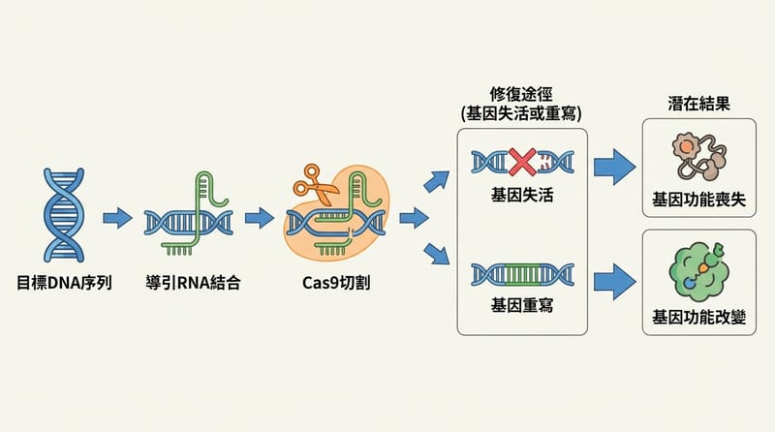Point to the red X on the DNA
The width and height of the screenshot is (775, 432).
[523, 162]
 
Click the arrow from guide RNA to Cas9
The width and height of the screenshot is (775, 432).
[259, 217]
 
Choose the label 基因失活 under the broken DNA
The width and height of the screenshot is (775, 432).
[522, 196]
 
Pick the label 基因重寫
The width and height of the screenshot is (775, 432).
[522, 304]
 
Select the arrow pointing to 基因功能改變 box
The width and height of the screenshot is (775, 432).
[612, 280]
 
